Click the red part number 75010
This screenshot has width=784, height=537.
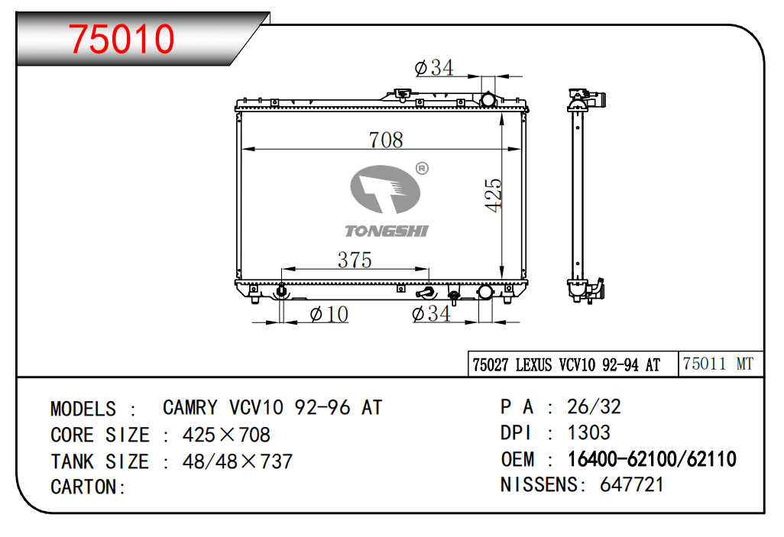point(122,39)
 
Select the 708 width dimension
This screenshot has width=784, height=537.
point(385,140)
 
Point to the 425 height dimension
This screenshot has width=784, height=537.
point(493,195)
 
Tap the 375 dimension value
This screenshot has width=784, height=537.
point(355,260)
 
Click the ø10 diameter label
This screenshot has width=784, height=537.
point(329,314)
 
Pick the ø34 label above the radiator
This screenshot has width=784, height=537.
point(433,68)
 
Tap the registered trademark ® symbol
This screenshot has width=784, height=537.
point(421,168)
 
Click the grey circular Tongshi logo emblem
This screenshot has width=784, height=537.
point(386,191)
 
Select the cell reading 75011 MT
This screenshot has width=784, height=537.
point(718,364)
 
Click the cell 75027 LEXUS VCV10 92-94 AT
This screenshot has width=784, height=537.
point(566,365)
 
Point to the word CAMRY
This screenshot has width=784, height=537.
point(190,407)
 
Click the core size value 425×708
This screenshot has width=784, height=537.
point(226,435)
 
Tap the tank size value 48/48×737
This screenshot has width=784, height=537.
point(237,461)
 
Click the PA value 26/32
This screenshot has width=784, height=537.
point(594,406)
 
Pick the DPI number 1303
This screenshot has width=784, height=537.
point(588,432)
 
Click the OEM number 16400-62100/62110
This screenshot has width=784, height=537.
point(651,459)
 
